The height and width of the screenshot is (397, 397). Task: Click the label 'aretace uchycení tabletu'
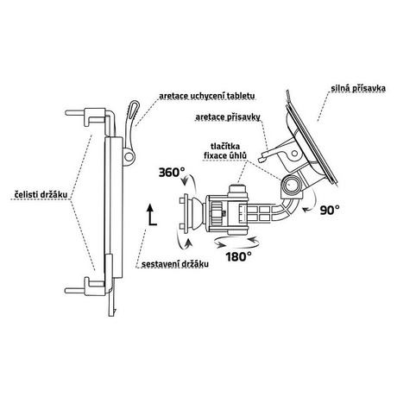(207, 96)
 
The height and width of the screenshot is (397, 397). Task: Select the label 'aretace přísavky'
(228, 117)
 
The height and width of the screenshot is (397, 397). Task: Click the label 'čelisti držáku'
(41, 194)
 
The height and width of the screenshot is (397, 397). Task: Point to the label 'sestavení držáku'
(175, 264)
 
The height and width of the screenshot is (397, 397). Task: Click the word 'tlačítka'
(225, 147)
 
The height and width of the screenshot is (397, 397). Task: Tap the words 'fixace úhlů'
(225, 155)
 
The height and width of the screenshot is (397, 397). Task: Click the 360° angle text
(172, 173)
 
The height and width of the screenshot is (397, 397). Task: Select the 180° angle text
(238, 256)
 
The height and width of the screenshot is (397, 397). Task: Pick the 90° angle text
(330, 210)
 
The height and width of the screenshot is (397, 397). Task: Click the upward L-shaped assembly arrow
(151, 215)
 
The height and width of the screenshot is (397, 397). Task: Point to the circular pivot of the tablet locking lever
(129, 157)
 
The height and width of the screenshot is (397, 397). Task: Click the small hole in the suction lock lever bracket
(293, 153)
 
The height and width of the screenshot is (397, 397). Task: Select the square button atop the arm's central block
(238, 191)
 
